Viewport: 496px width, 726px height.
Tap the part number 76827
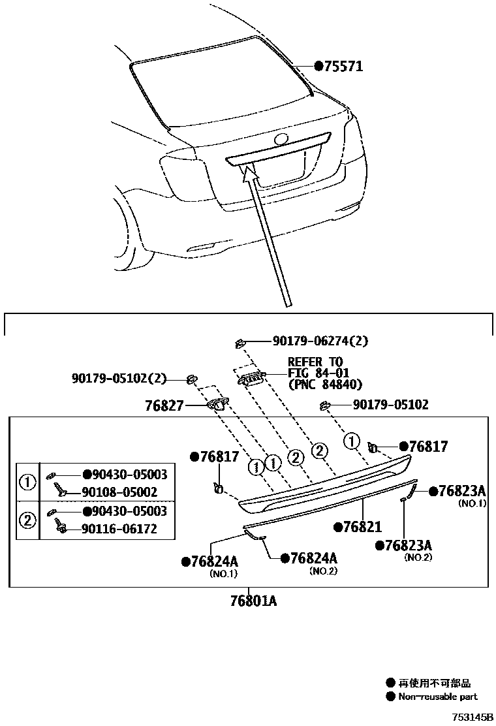(164, 406)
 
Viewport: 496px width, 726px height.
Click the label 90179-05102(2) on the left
(119, 377)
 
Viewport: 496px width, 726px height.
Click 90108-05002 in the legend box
(119, 493)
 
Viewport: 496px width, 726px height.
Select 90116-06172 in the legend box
(119, 529)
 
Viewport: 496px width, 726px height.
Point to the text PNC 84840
(325, 385)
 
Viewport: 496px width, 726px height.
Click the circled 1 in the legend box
(29, 483)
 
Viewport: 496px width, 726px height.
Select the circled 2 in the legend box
(29, 520)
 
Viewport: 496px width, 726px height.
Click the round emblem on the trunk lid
(282, 139)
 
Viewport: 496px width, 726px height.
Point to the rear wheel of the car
(124, 229)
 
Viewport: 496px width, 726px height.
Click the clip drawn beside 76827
(217, 405)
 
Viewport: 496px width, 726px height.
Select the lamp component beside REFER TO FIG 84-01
(252, 377)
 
